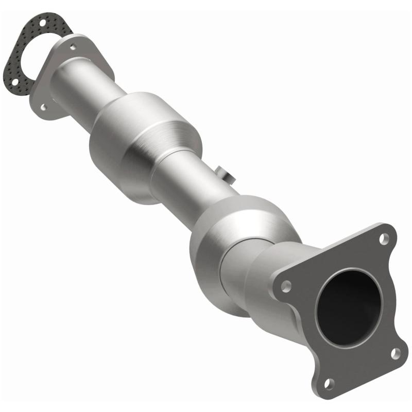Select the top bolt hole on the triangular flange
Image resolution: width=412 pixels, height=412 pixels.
point(73,46)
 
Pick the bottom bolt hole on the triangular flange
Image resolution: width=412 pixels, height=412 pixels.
point(43,107)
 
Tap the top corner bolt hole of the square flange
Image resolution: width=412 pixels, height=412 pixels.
point(383,238)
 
